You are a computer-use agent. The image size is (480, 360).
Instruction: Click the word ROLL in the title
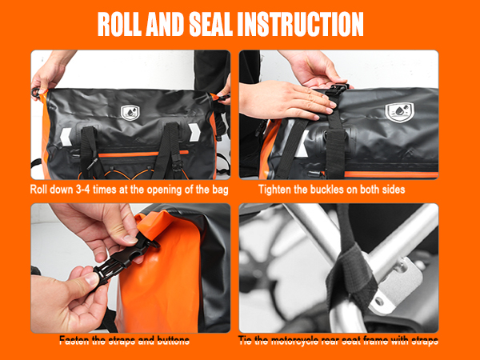coord(120,25)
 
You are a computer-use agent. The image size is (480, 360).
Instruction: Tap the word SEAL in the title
coord(210,25)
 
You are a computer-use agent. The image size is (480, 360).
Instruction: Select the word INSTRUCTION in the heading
coord(300,25)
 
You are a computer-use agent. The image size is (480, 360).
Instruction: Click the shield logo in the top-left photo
coord(130,113)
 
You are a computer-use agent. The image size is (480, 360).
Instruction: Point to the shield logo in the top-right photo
coord(399,112)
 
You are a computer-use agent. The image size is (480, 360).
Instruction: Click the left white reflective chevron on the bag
coord(66,137)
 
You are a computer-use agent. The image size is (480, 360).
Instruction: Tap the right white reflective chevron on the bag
coord(194,133)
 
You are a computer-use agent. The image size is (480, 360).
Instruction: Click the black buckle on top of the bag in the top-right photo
coord(336,90)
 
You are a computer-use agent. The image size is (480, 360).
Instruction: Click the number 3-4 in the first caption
coord(83,190)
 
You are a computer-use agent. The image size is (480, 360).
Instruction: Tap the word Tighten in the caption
coord(274,190)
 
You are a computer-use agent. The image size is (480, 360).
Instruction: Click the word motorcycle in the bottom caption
coord(295,341)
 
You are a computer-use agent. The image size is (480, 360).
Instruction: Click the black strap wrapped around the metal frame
coord(352,275)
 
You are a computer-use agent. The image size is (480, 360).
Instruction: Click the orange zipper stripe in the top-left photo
coord(143,154)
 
